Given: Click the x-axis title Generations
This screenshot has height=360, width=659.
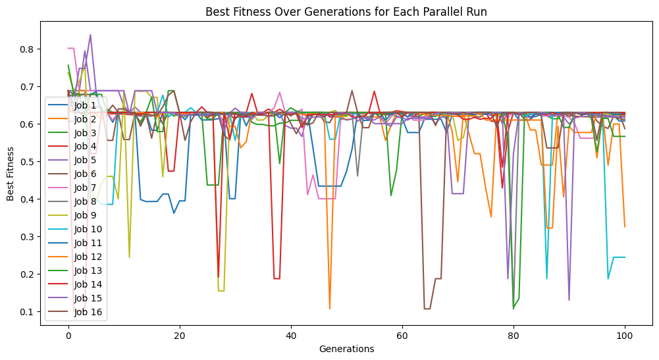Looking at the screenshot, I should (x=346, y=349).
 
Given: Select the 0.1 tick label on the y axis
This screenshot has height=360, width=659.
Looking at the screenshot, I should (x=27, y=311).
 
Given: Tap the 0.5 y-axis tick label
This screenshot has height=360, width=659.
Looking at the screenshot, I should (x=27, y=162).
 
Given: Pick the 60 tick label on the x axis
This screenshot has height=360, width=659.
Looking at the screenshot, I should (x=402, y=336).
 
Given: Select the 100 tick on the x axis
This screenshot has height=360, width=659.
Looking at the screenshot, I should (x=625, y=336).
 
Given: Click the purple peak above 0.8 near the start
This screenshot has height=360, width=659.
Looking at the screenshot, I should (x=90, y=35).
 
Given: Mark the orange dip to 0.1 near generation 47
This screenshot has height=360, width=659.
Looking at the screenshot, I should (x=330, y=309).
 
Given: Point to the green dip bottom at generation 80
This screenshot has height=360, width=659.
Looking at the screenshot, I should (x=514, y=309).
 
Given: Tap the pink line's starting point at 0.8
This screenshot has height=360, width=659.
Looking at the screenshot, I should (x=69, y=48).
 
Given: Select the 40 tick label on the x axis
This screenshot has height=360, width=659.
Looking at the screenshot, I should (x=291, y=336).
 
